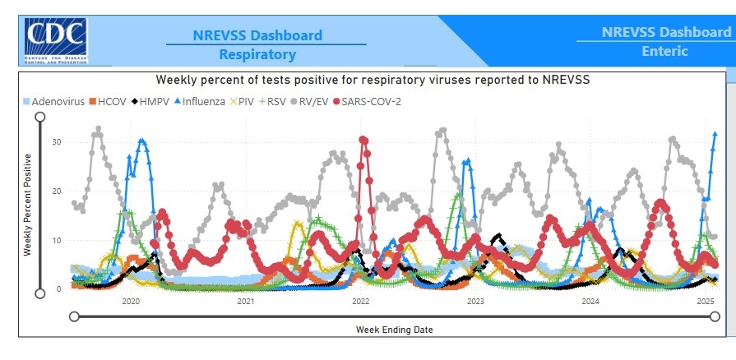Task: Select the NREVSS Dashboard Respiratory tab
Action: (x=257, y=45)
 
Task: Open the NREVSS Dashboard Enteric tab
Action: (x=665, y=42)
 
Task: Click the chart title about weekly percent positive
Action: (x=373, y=80)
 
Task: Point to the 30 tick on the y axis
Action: (x=56, y=141)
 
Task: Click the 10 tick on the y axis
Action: (x=56, y=240)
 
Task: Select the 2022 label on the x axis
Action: (x=360, y=302)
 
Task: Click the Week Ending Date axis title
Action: (x=394, y=330)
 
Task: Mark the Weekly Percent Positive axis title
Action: (x=27, y=204)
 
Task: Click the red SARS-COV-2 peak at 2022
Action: (x=363, y=141)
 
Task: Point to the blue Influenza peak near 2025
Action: (x=715, y=134)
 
